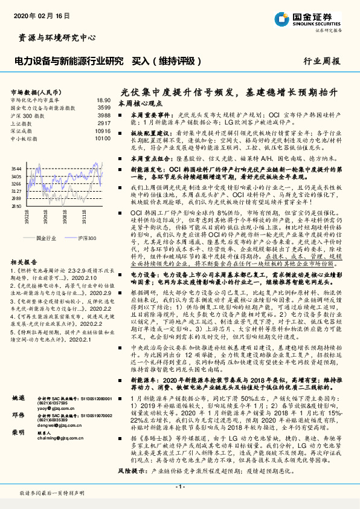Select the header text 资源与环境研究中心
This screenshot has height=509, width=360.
[54, 37]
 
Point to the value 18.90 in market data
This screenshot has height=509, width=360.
[103, 100]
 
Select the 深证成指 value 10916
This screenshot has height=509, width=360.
[103, 129]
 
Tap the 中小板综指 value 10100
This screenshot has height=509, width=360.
[103, 137]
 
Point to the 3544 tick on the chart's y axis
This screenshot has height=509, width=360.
[16, 168]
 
